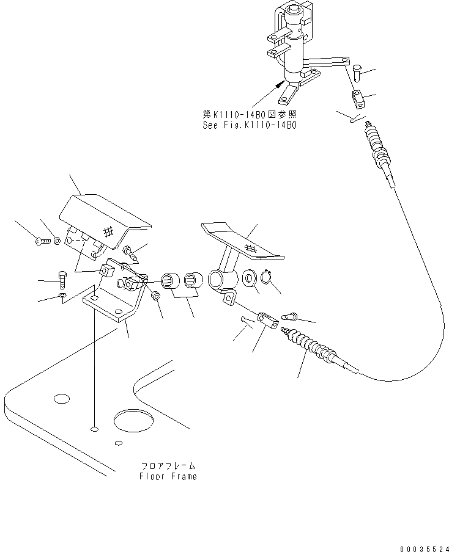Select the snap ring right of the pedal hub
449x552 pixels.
[x=266, y=280]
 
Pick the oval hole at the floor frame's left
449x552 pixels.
[x=61, y=399]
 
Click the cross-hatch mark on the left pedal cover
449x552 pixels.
[x=108, y=231]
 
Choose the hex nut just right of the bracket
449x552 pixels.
[x=155, y=297]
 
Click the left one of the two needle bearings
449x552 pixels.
[x=169, y=283]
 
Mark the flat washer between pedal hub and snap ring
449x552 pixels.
[x=250, y=280]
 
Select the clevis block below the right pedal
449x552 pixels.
[x=265, y=318]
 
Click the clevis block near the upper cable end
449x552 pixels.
[x=359, y=96]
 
